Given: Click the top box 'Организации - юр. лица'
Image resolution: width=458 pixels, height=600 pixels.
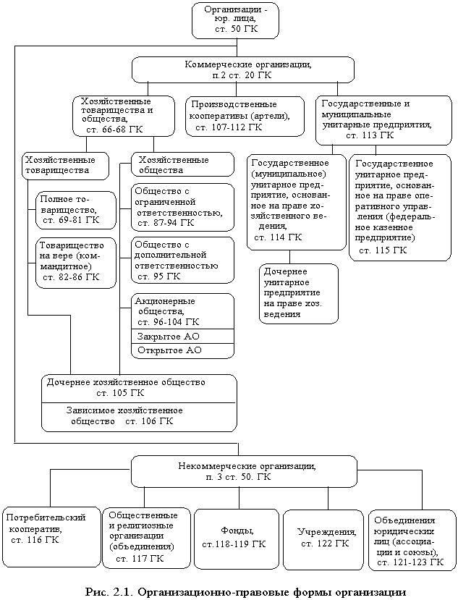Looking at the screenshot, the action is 235,20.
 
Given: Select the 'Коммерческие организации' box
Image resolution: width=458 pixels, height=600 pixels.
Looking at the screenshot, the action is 243,69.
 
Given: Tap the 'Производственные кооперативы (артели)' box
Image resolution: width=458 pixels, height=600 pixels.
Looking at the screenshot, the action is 245,116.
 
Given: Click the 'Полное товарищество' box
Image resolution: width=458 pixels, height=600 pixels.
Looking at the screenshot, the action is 76,210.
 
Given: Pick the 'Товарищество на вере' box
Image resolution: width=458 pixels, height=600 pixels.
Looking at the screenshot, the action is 76,263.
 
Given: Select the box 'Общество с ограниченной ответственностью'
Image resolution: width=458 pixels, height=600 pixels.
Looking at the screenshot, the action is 182,207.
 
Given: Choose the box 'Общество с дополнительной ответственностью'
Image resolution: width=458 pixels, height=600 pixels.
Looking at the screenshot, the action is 182,261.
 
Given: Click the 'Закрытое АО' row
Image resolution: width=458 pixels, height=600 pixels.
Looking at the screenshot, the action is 182,337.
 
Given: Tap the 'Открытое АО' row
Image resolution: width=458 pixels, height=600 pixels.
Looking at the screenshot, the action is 182,350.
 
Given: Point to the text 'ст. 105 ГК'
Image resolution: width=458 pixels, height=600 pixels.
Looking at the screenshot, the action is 120,393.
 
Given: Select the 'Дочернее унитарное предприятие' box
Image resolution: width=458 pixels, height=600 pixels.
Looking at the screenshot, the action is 298,294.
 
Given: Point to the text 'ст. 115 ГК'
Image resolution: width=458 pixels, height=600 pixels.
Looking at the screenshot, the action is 383,250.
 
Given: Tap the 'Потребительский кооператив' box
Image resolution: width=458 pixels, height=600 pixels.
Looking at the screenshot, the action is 50,537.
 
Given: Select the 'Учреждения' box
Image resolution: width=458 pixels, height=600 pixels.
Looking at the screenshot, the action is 323,538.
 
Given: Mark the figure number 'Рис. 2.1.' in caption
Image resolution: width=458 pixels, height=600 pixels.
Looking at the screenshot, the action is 109,591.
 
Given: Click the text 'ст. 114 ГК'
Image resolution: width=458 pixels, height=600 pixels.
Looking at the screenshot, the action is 278,237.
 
